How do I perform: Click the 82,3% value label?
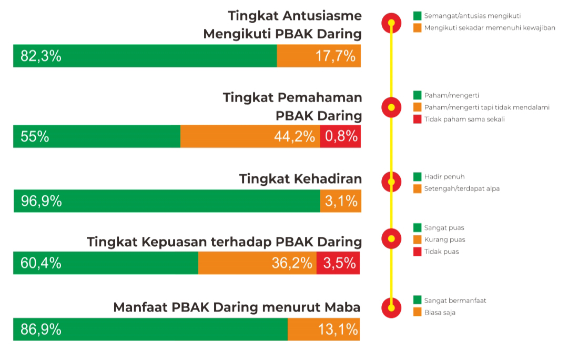point(41,56)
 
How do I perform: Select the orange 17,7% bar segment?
point(319,56)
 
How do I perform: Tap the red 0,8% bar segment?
point(340,137)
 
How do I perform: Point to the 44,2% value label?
point(295,137)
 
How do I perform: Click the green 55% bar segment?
point(97,137)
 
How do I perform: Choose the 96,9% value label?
point(41,201)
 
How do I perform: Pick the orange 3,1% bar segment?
point(340,201)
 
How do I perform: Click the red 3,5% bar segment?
point(338,263)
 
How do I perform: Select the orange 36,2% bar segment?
point(257,263)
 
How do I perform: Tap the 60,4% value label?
point(41,263)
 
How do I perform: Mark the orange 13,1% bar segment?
point(323,329)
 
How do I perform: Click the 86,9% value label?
point(41,329)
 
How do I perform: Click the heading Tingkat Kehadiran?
point(300,178)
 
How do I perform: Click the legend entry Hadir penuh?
point(444,177)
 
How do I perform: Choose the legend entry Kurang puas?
point(444,240)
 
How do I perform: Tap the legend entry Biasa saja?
point(440,313)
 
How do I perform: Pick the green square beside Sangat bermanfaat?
point(418,301)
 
